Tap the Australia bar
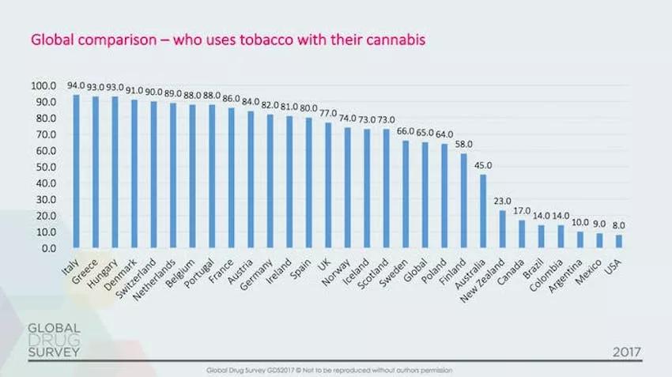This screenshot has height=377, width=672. pyautogui.click(x=482, y=211)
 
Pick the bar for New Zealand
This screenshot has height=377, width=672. pyautogui.click(x=502, y=229)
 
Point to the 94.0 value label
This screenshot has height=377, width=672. pyautogui.click(x=76, y=85)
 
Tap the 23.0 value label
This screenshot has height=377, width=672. pyautogui.click(x=502, y=201)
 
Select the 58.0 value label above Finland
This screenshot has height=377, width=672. pyautogui.click(x=463, y=144)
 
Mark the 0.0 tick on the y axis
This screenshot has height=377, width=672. pyautogui.click(x=48, y=248)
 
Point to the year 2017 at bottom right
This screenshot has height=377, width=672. pyautogui.click(x=625, y=351)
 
